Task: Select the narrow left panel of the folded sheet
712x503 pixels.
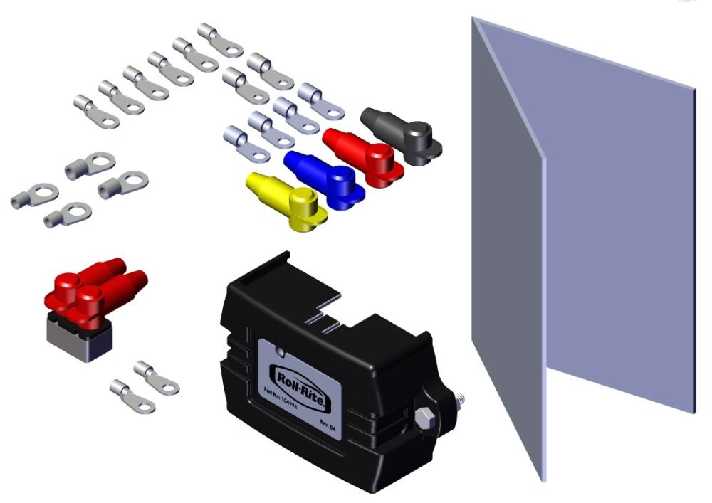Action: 507,249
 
